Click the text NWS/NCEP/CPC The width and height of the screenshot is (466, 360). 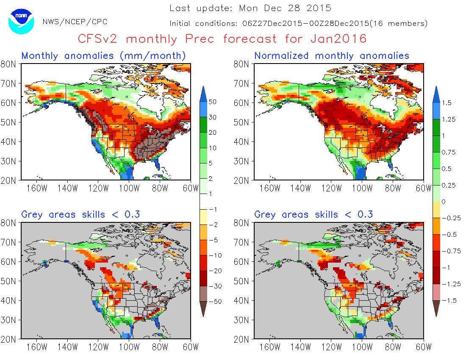(75, 22)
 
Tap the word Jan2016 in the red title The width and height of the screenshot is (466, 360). (338, 39)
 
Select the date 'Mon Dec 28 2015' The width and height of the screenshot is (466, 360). (285, 8)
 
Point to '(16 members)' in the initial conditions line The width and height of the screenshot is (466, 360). (398, 24)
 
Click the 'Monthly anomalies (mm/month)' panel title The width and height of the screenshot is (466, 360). (104, 55)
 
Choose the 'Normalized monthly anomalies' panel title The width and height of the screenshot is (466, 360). (332, 55)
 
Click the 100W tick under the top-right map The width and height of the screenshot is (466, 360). (362, 188)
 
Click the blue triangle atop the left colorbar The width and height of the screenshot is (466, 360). (203, 91)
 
